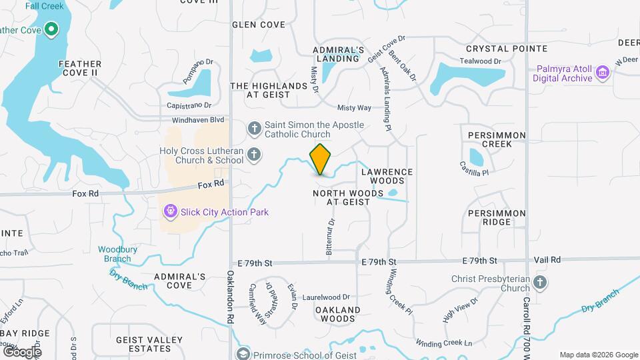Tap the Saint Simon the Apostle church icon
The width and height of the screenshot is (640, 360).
tap(254, 127)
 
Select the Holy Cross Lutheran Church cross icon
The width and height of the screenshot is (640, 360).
tap(254, 155)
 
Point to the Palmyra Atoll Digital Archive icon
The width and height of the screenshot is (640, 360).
tap(603, 72)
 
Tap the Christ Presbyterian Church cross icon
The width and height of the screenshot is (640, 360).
tap(540, 283)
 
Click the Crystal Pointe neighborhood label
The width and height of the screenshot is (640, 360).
tap(507, 49)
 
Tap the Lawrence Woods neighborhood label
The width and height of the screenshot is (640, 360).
tap(387, 176)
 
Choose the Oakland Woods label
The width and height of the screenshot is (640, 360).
tap(337, 314)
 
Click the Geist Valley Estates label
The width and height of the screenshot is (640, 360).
tap(149, 344)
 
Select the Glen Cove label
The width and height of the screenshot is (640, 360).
tap(259, 25)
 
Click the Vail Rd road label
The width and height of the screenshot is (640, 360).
tap(547, 260)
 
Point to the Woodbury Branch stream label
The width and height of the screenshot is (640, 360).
tap(114, 254)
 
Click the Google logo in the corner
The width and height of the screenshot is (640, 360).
tap(21, 351)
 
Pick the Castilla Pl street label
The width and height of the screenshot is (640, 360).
tap(474, 167)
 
